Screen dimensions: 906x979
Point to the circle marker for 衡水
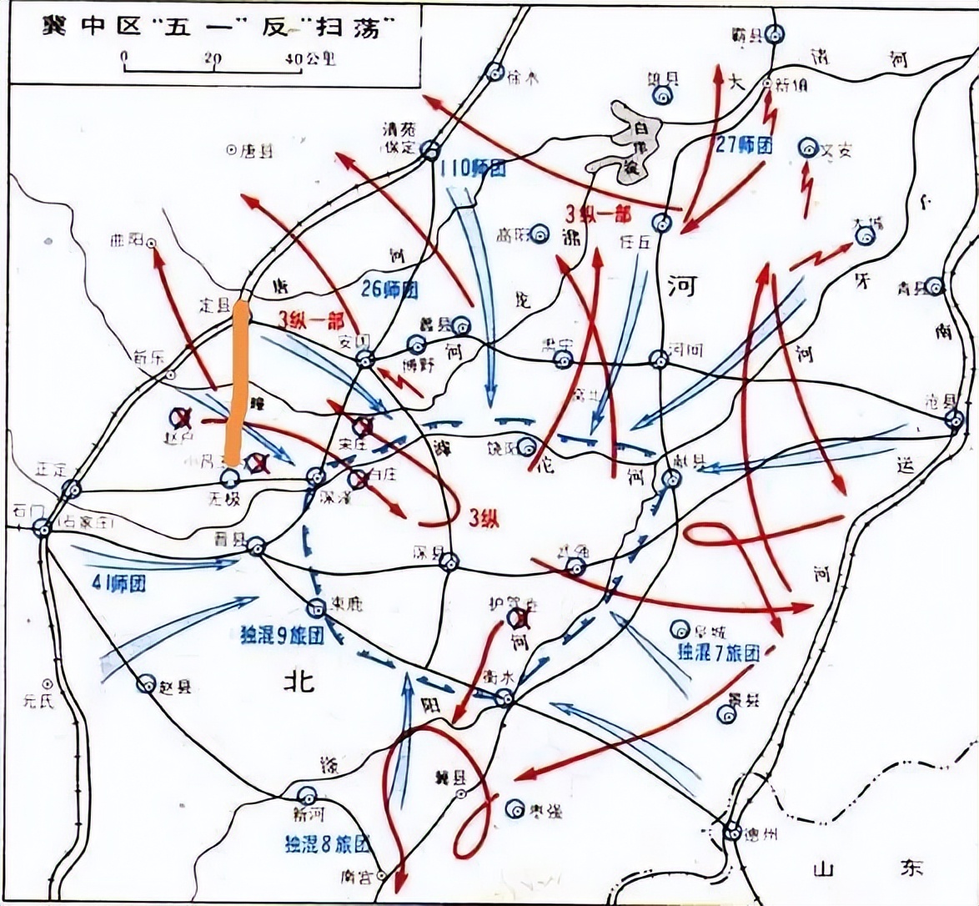click(505, 698)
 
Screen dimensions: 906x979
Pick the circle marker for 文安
click(807, 148)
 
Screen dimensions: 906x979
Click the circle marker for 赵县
click(147, 685)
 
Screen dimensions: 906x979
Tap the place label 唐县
click(256, 151)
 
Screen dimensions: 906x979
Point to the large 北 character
click(299, 682)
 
